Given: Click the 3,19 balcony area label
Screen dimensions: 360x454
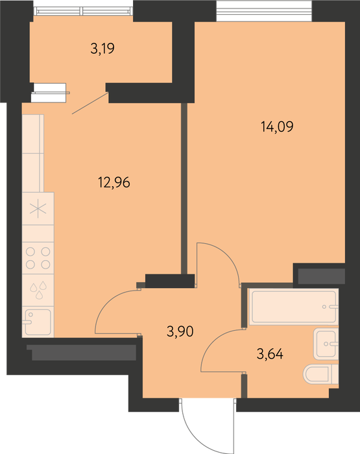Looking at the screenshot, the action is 102,49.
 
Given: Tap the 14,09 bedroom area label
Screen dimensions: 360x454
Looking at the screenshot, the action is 277,126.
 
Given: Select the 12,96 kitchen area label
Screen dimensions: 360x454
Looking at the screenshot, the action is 114,182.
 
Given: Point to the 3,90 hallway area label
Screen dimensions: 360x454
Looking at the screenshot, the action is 180,331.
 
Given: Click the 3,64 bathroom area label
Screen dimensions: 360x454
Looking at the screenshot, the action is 270,354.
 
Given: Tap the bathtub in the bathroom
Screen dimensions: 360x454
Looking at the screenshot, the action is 294,307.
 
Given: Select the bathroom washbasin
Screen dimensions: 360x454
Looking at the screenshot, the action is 326,344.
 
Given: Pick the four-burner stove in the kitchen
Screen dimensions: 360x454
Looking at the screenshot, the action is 38,258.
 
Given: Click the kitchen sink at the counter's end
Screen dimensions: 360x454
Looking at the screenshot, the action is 38,322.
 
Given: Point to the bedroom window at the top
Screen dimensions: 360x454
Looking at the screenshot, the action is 265,11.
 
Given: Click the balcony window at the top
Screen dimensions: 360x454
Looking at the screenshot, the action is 83,11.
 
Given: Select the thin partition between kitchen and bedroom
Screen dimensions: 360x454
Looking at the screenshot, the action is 184,188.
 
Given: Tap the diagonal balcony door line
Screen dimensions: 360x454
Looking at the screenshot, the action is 90,103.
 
